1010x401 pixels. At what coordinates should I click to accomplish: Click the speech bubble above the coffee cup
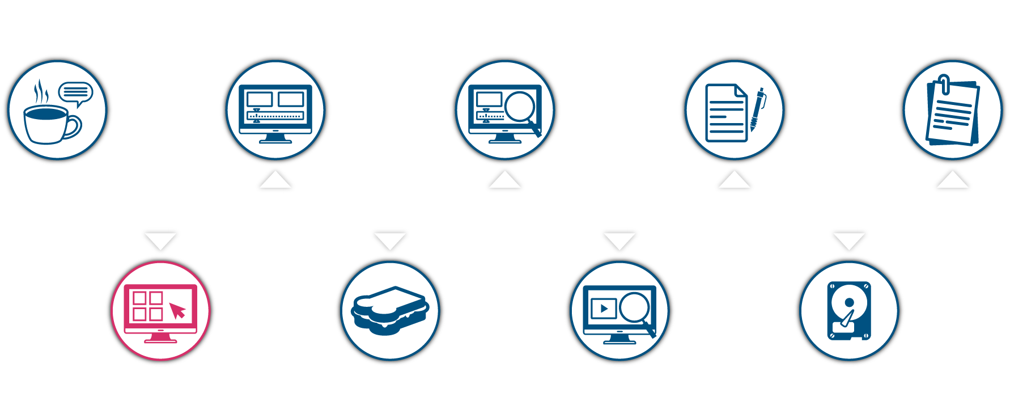75,92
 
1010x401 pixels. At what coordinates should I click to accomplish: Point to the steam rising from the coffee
40,91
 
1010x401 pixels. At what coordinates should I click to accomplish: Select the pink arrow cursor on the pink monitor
177,310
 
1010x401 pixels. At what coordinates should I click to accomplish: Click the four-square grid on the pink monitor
147,306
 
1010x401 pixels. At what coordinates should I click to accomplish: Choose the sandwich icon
389,310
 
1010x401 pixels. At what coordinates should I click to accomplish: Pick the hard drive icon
848,311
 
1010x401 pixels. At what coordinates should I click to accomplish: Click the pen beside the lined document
757,109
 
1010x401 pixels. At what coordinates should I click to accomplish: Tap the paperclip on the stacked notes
944,83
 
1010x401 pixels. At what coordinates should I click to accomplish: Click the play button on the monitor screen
604,309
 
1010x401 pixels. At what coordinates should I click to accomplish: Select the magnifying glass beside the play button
635,309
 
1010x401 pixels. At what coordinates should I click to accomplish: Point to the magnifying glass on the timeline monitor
520,107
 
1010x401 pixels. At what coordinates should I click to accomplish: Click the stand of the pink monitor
160,339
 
